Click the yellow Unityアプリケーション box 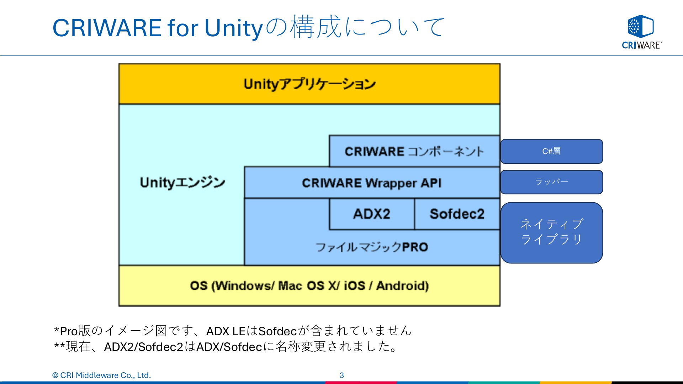tap(309, 84)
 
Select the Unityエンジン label tap(182, 182)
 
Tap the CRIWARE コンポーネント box tap(414, 151)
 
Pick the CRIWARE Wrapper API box tap(372, 183)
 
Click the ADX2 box tap(372, 214)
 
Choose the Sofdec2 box tap(457, 214)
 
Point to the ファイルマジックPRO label tap(372, 247)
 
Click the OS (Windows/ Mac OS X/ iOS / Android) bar tap(309, 286)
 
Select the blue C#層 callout tap(552, 151)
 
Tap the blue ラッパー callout tap(552, 182)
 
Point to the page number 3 tap(341, 375)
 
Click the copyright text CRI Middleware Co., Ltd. tap(105, 375)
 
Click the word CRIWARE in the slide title tap(107, 28)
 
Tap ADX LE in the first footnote tap(226, 331)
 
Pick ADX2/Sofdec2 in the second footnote tap(143, 347)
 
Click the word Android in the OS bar tap(402, 286)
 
